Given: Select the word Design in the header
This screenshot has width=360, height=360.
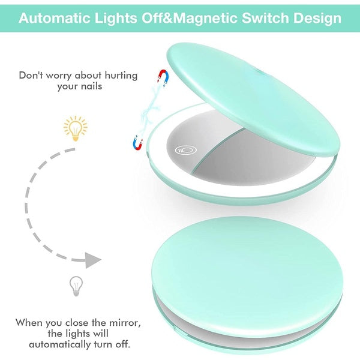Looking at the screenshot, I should (x=319, y=18).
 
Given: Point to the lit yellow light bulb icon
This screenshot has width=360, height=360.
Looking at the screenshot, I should (x=76, y=128).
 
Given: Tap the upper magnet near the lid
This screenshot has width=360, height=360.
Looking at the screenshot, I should (x=162, y=76).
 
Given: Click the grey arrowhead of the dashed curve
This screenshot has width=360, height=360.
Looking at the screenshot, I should (x=91, y=260).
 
